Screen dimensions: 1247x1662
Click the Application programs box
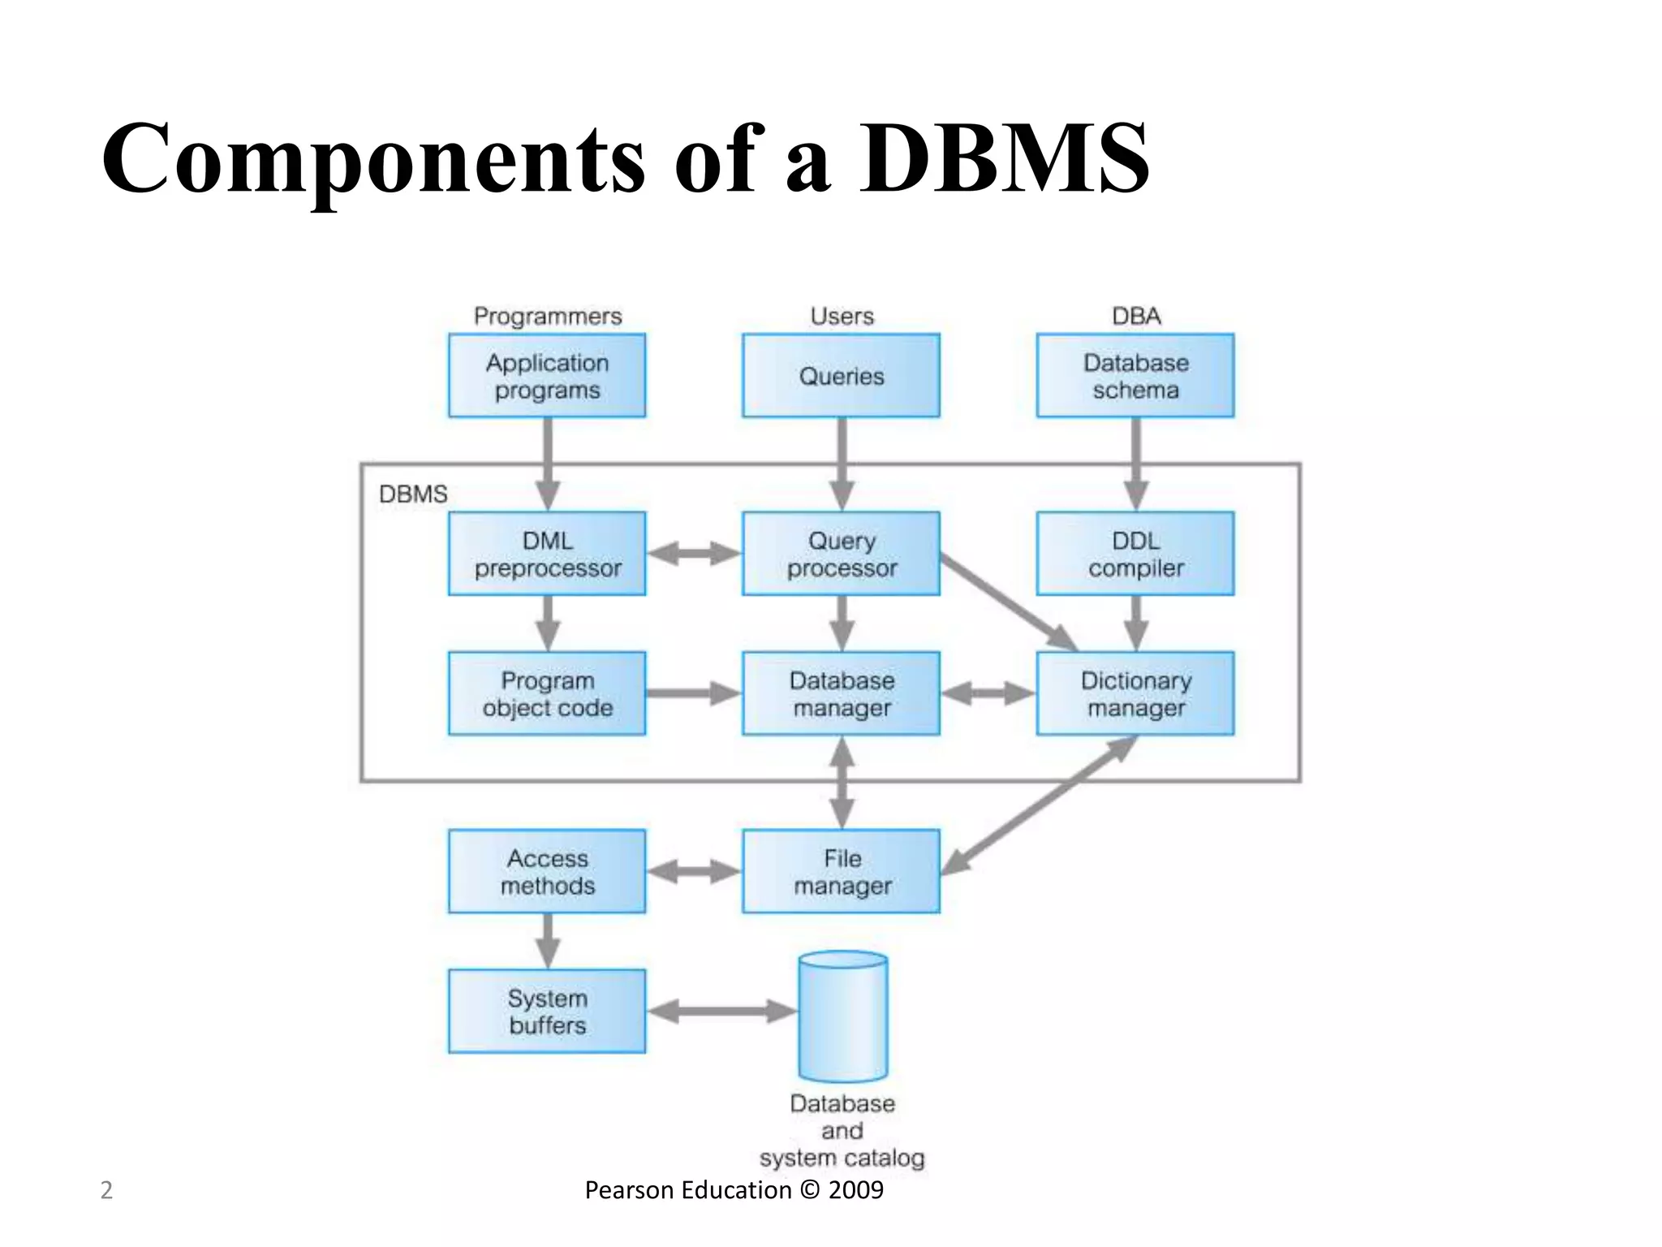pyautogui.click(x=547, y=376)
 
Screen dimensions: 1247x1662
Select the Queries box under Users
pyautogui.click(x=841, y=376)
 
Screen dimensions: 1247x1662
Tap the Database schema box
pyautogui.click(x=1135, y=376)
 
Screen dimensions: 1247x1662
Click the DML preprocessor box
pyautogui.click(x=547, y=554)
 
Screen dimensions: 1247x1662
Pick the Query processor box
pyautogui.click(x=841, y=554)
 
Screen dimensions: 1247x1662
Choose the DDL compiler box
pyautogui.click(x=1135, y=554)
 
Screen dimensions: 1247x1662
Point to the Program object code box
pyautogui.click(x=547, y=693)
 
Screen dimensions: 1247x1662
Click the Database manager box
pyautogui.click(x=841, y=693)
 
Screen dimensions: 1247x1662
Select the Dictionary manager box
pyautogui.click(x=1135, y=693)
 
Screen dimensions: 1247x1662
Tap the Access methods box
pyautogui.click(x=547, y=871)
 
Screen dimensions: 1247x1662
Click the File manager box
pyautogui.click(x=841, y=871)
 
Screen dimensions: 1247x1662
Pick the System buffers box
pyautogui.click(x=547, y=1011)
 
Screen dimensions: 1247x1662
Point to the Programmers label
pyautogui.click(x=548, y=316)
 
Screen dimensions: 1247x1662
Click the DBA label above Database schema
pyautogui.click(x=1136, y=316)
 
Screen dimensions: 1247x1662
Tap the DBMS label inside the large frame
pyautogui.click(x=413, y=494)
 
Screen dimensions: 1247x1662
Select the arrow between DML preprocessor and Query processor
pyautogui.click(x=694, y=554)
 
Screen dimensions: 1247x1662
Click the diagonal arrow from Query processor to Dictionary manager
pyautogui.click(x=1009, y=602)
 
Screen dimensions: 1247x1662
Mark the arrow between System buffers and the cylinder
pyautogui.click(x=721, y=1012)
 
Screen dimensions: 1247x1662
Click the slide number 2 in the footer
pyautogui.click(x=105, y=1190)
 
